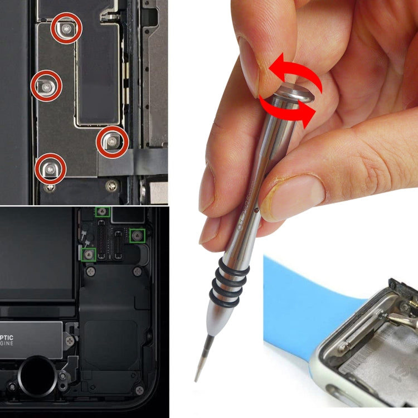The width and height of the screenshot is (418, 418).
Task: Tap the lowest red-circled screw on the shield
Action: (50, 168)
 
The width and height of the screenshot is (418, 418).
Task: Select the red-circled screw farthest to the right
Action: (113, 142)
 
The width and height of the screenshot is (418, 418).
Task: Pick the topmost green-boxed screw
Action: (103, 210)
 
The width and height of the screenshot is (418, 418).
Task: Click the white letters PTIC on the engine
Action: (16, 338)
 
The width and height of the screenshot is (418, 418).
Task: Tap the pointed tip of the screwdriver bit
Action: (197, 379)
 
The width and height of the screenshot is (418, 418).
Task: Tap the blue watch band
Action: (301, 301)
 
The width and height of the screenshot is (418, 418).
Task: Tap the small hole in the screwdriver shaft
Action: (256, 211)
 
